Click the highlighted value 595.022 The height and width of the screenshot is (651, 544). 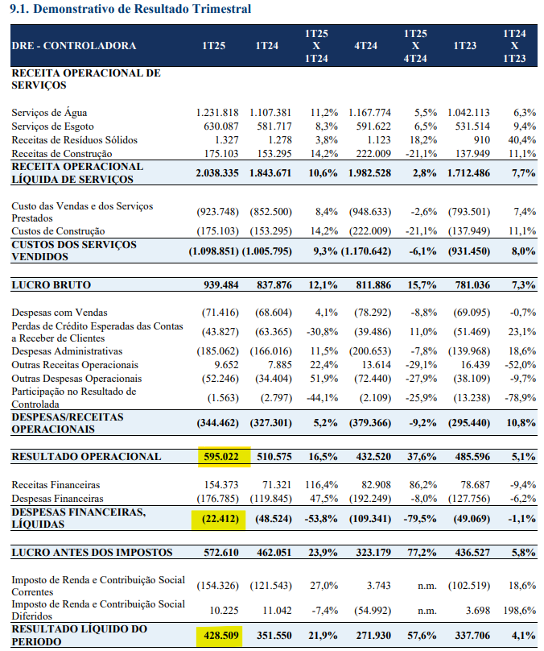221,457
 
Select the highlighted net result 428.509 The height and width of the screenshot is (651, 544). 221,636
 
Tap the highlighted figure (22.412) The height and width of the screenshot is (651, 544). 220,519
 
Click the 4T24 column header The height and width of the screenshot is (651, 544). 365,46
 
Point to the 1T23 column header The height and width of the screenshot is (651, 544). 465,46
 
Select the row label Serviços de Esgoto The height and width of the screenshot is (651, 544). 52,126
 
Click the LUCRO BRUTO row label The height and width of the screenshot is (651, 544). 51,285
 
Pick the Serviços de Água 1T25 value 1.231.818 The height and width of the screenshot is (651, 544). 217,113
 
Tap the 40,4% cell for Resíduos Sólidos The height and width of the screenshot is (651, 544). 522,140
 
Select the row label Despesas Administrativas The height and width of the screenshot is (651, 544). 67,351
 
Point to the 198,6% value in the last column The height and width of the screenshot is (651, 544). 522,611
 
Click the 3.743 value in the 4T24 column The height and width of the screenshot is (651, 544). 378,586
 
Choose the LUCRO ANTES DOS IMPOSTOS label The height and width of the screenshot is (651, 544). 92,553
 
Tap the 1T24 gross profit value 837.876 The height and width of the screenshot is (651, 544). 274,285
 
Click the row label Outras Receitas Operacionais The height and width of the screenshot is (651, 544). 75,365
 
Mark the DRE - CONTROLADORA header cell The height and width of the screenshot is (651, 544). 74,46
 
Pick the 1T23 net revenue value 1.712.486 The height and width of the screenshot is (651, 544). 468,173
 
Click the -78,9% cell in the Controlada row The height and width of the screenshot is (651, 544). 521,398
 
